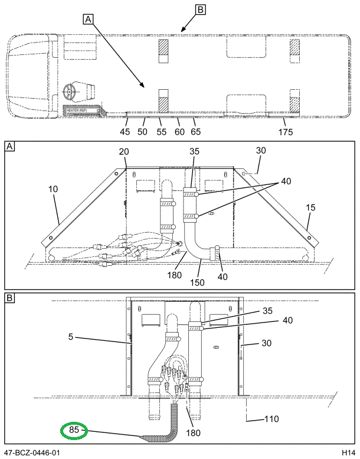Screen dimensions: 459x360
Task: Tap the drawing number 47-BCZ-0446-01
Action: click(x=32, y=452)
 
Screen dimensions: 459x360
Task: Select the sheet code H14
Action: click(x=347, y=452)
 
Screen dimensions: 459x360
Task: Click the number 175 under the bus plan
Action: click(x=285, y=132)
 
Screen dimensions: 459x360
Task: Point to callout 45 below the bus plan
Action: click(x=125, y=132)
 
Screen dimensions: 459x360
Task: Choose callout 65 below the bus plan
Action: click(x=196, y=132)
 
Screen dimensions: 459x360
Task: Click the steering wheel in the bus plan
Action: click(x=70, y=92)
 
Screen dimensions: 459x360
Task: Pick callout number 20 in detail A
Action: click(x=123, y=152)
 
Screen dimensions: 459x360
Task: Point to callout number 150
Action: click(x=197, y=282)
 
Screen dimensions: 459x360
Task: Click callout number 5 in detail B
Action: click(x=71, y=338)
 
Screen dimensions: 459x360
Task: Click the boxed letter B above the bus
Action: click(x=200, y=9)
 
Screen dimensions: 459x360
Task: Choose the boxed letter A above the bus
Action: click(x=88, y=19)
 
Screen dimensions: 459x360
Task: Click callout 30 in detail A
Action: click(x=261, y=151)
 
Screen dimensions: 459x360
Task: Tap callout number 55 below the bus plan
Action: click(x=161, y=132)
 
